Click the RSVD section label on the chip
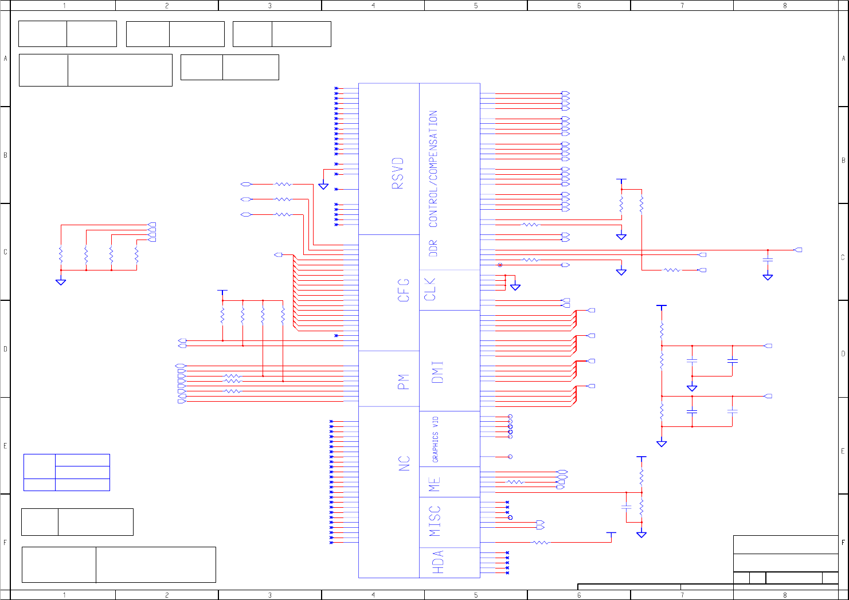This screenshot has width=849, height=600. click(398, 173)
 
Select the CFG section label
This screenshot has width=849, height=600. click(404, 291)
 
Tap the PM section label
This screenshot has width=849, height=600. click(404, 382)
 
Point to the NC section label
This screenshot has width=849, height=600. click(405, 464)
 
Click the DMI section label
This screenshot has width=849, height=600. click(437, 372)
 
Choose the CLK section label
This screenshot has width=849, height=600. click(430, 289)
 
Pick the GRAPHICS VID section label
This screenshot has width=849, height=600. click(436, 440)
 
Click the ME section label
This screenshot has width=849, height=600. click(435, 484)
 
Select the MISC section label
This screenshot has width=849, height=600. click(435, 521)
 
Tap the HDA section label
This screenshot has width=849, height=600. click(437, 562)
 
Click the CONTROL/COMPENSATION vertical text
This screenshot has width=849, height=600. click(433, 169)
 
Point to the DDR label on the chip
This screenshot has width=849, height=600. click(433, 248)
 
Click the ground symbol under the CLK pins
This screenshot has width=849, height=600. click(515, 287)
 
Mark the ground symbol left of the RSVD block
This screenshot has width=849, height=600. click(323, 186)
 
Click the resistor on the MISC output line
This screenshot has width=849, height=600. click(541, 542)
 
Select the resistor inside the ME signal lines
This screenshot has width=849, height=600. click(515, 482)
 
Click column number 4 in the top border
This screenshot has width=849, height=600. click(373, 6)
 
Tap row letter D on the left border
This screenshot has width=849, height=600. click(6, 349)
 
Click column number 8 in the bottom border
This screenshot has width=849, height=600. click(785, 595)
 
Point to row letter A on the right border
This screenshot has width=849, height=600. click(843, 58)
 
